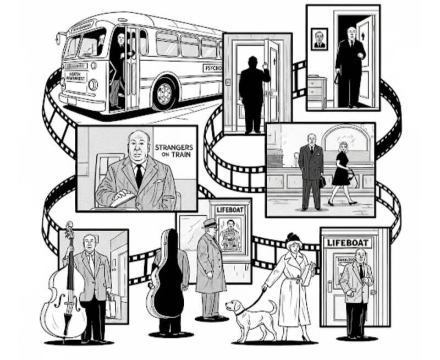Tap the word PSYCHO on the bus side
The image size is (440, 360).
tap(213, 69)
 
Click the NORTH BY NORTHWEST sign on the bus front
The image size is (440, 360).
tap(76, 75)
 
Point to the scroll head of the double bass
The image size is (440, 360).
tap(70, 228)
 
